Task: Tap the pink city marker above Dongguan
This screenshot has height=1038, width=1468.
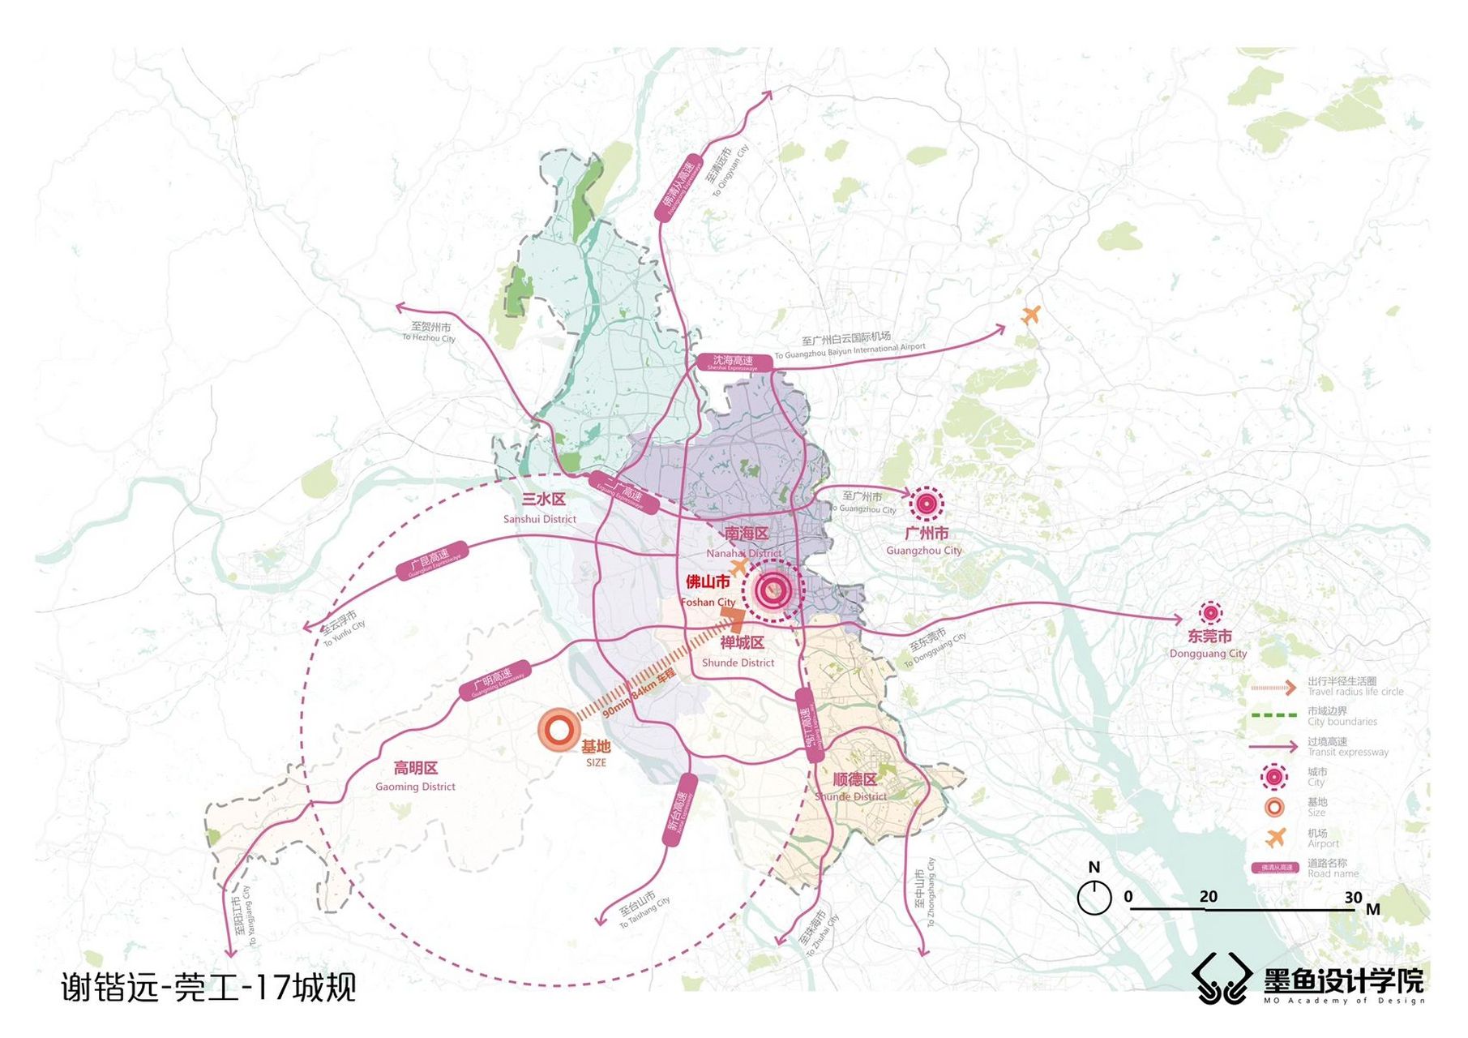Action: pyautogui.click(x=1209, y=613)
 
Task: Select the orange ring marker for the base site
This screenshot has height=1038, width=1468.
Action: pyautogui.click(x=559, y=730)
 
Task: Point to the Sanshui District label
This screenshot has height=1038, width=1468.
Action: pyautogui.click(x=541, y=508)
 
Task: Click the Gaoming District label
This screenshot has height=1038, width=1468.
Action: pyautogui.click(x=415, y=776)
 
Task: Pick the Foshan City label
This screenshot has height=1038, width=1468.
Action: pyautogui.click(x=708, y=591)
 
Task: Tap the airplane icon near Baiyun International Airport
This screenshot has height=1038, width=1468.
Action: pyautogui.click(x=1030, y=314)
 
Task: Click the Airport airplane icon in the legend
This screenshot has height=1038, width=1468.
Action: pyautogui.click(x=1275, y=837)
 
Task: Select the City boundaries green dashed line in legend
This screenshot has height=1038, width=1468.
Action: pyautogui.click(x=1273, y=715)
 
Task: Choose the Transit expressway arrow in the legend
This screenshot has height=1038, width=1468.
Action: pyautogui.click(x=1273, y=746)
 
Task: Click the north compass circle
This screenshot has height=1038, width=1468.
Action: pyautogui.click(x=1094, y=898)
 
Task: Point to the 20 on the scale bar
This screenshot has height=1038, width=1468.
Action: pyautogui.click(x=1208, y=896)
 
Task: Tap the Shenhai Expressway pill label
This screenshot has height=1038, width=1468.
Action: pyautogui.click(x=732, y=362)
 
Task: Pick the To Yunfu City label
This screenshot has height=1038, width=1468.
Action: pyautogui.click(x=341, y=627)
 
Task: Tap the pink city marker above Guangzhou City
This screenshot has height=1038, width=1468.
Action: pyautogui.click(x=926, y=504)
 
